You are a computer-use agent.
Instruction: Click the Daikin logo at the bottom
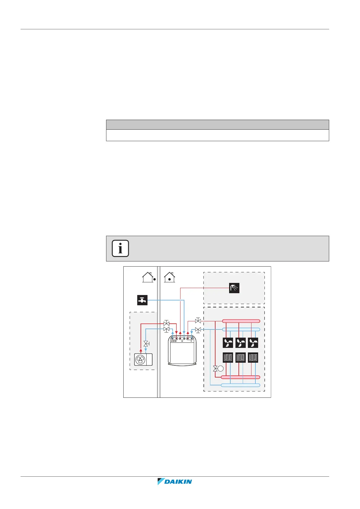(x=175, y=481)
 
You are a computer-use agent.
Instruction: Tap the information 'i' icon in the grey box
(x=120, y=248)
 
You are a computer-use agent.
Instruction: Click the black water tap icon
(x=142, y=300)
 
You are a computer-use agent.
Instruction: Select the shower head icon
(x=234, y=288)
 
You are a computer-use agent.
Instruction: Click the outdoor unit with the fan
(x=143, y=360)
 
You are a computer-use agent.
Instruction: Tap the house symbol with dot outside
(x=148, y=277)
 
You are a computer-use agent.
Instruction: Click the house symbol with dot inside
(x=170, y=277)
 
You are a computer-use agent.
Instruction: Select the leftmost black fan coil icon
(x=228, y=343)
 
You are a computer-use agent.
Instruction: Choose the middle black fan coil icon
(x=241, y=343)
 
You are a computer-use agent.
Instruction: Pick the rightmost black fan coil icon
(x=253, y=343)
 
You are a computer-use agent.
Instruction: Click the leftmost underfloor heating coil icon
(x=228, y=358)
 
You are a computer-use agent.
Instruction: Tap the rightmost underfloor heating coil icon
(x=253, y=358)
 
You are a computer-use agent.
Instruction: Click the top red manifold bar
(x=241, y=321)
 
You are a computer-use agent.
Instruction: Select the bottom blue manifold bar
(x=241, y=385)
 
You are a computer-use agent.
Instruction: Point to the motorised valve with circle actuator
(x=218, y=369)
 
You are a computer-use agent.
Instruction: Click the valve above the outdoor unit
(x=146, y=344)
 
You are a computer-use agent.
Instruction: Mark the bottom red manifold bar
(x=241, y=377)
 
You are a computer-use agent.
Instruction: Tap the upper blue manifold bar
(x=241, y=329)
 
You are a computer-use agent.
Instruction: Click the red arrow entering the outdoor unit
(x=141, y=351)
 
